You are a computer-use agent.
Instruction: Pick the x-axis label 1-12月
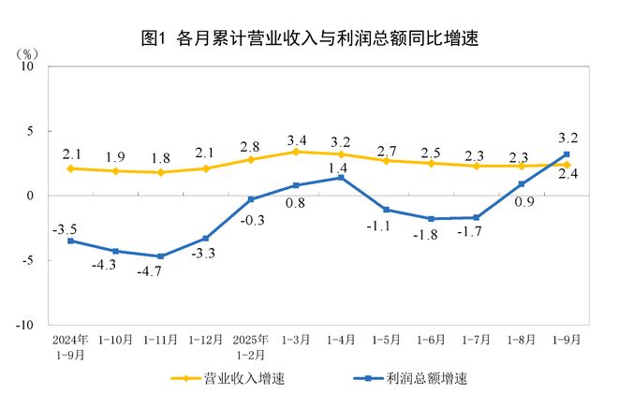tap(205, 339)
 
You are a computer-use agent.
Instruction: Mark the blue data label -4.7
tap(161, 273)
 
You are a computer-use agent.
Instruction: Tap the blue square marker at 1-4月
tap(341, 178)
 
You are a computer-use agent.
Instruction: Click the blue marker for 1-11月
tap(161, 256)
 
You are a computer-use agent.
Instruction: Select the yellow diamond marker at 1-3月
tap(296, 152)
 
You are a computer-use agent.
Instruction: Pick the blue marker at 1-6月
tap(431, 219)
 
